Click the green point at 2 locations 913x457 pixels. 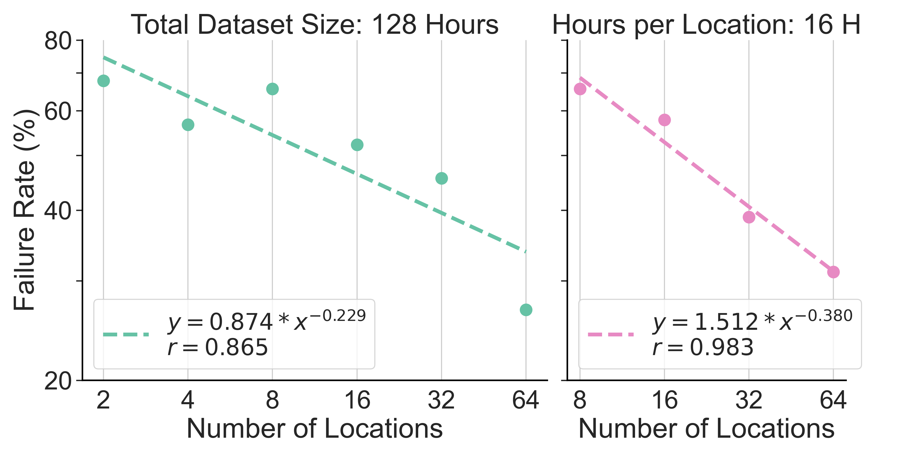coord(103,81)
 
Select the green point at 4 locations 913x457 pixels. coord(188,125)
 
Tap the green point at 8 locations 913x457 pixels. coord(272,89)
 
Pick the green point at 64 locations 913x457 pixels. coord(526,310)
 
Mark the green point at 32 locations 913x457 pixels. coord(441,178)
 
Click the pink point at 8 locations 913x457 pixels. coord(580,89)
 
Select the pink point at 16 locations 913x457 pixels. coord(664,120)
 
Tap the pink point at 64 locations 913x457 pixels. coord(833,272)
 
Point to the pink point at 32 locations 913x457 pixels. coord(749,217)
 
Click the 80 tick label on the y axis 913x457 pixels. coord(58,41)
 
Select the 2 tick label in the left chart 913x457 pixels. coord(103,400)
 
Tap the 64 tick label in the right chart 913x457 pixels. coord(833,400)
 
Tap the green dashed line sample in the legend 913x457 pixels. coord(126,334)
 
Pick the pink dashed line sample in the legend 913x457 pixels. coord(610,334)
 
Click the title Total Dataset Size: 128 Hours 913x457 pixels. coord(314,25)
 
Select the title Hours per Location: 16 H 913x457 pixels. coord(706,25)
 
